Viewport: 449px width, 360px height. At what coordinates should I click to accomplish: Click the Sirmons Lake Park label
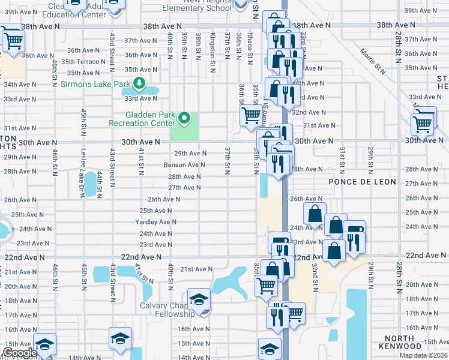(95, 83)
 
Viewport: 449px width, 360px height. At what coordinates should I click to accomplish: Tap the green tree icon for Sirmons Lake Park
(139, 83)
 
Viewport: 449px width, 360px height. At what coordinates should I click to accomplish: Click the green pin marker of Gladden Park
(185, 118)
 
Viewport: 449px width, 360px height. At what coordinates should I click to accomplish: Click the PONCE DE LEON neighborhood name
(361, 182)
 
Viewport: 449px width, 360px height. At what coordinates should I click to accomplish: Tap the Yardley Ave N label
(155, 222)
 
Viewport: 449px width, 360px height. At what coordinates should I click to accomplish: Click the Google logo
(20, 353)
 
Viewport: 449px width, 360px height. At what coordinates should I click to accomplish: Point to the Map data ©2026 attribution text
(424, 355)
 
